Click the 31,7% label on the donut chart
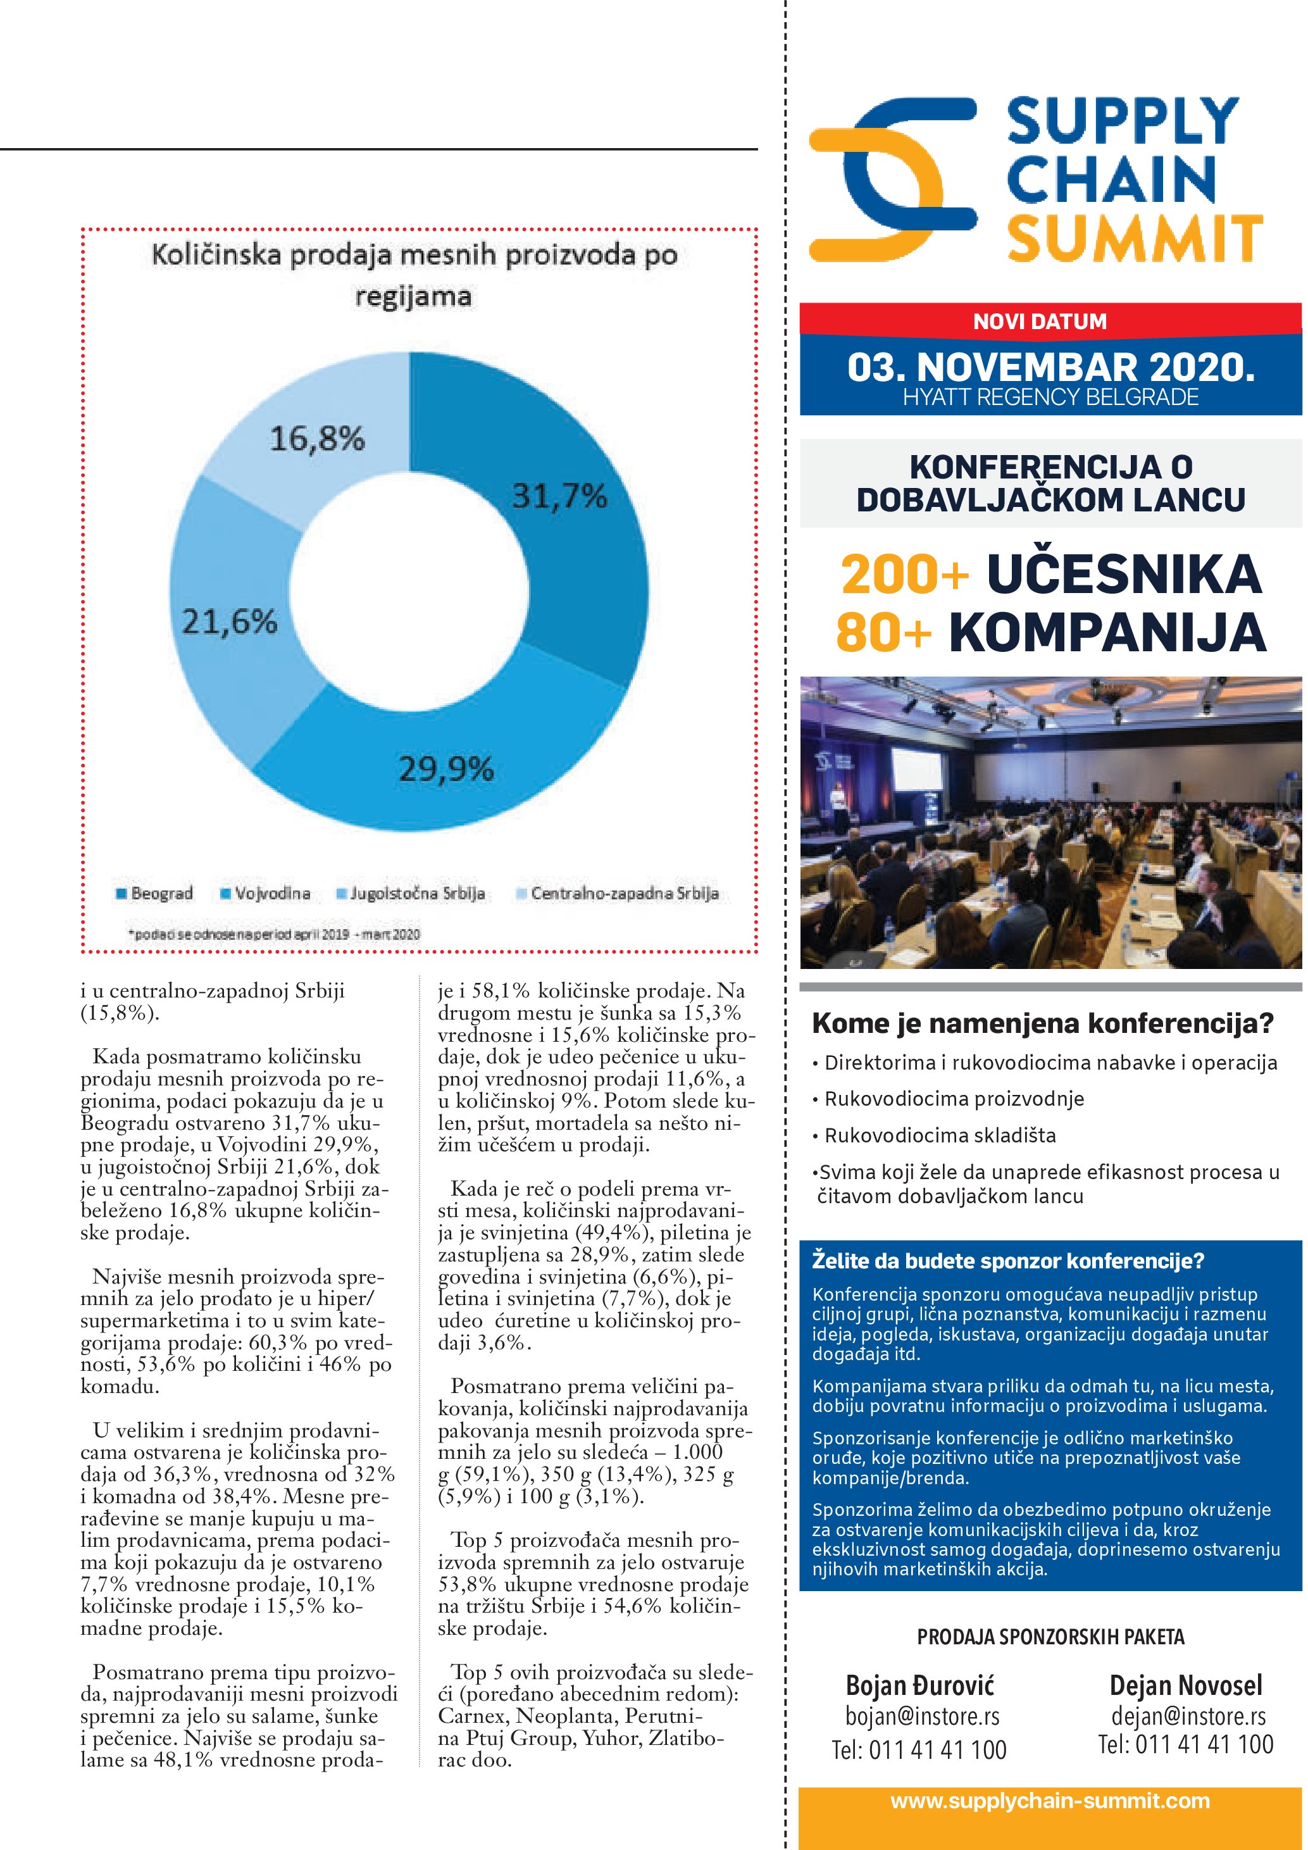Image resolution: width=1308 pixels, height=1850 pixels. click(559, 496)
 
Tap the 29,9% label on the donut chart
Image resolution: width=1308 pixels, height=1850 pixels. click(446, 770)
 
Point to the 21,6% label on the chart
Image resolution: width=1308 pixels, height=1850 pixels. click(230, 622)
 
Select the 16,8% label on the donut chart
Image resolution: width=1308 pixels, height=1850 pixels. click(317, 439)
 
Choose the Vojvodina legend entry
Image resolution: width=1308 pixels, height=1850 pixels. click(266, 894)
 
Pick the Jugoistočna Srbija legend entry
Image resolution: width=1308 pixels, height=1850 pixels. click(411, 894)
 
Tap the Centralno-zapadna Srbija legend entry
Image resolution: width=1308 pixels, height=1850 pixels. click(617, 894)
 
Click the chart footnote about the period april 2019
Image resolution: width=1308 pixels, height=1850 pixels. click(274, 935)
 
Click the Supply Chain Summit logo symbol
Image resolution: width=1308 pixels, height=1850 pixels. click(892, 179)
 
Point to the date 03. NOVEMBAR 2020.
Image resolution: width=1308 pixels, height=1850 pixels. click(1050, 368)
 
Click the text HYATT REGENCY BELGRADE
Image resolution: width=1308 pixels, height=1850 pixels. click(1050, 397)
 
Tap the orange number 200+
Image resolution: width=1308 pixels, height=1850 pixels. click(904, 575)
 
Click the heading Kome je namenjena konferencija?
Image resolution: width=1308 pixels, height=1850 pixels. click(1042, 1023)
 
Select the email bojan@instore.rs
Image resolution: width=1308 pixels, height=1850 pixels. click(921, 1716)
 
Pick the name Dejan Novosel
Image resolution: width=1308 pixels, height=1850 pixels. click(1186, 1685)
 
